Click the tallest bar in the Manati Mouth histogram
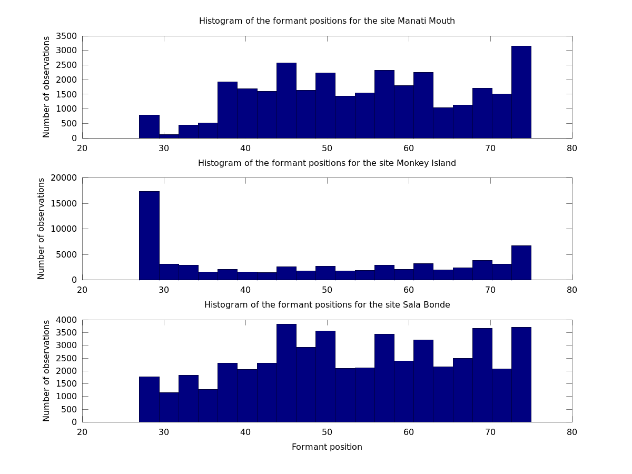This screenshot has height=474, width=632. [x=521, y=92]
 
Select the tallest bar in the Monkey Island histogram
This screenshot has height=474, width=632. [x=149, y=235]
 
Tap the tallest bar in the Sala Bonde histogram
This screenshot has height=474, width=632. [x=286, y=373]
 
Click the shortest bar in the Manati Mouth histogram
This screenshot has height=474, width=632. [x=169, y=136]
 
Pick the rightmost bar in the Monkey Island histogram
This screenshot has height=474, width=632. [x=521, y=263]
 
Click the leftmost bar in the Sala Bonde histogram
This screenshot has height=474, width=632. [x=149, y=399]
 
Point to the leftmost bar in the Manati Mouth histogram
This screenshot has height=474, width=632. [x=149, y=126]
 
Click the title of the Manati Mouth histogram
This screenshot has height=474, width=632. [x=327, y=21]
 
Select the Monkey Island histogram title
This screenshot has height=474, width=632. [x=327, y=163]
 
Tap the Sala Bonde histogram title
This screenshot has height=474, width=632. [x=327, y=305]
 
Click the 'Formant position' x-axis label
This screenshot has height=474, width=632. [x=327, y=447]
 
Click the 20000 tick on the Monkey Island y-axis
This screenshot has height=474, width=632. [x=64, y=178]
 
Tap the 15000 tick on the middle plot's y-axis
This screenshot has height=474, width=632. [x=64, y=203]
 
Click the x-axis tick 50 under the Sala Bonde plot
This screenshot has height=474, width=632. [x=327, y=432]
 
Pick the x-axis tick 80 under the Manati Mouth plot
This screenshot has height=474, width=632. [x=572, y=149]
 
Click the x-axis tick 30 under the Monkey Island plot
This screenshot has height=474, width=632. [x=164, y=290]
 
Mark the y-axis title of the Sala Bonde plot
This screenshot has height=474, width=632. [x=46, y=371]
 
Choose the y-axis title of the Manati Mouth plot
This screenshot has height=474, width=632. [x=46, y=87]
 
